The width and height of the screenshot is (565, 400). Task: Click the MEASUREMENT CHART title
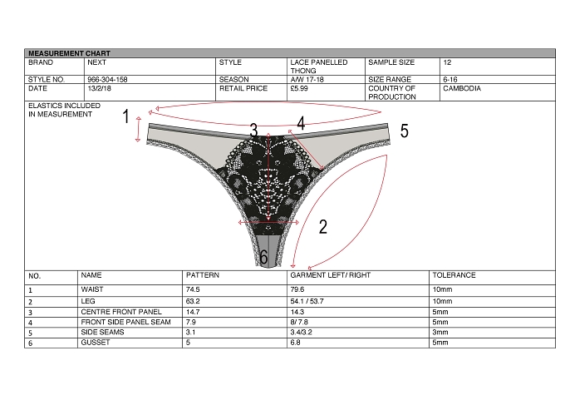pyautogui.click(x=69, y=53)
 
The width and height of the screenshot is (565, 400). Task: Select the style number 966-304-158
pyautogui.click(x=107, y=79)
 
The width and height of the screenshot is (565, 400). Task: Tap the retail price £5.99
pyautogui.click(x=299, y=88)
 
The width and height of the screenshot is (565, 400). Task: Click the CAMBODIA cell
pyautogui.click(x=462, y=88)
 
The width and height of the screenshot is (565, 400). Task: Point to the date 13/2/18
pyautogui.click(x=99, y=88)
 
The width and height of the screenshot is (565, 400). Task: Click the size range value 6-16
pyautogui.click(x=450, y=79)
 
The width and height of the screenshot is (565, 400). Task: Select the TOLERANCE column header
pyautogui.click(x=454, y=275)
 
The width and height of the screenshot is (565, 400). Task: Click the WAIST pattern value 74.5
pyautogui.click(x=193, y=289)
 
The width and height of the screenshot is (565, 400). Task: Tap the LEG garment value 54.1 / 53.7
pyautogui.click(x=307, y=301)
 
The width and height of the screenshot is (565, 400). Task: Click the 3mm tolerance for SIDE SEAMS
pyautogui.click(x=440, y=332)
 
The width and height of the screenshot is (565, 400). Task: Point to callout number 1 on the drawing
pyautogui.click(x=125, y=116)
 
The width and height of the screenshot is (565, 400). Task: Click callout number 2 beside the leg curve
pyautogui.click(x=323, y=227)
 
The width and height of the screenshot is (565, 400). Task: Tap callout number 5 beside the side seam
pyautogui.click(x=405, y=131)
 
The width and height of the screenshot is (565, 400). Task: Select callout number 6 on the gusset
pyautogui.click(x=263, y=257)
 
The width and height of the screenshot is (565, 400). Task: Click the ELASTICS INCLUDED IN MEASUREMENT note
pyautogui.click(x=64, y=110)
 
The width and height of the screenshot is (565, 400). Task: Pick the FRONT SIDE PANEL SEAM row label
pyautogui.click(x=125, y=322)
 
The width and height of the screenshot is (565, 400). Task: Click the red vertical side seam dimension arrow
pyautogui.click(x=138, y=129)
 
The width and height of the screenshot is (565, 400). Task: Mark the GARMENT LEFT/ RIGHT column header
pyautogui.click(x=331, y=275)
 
